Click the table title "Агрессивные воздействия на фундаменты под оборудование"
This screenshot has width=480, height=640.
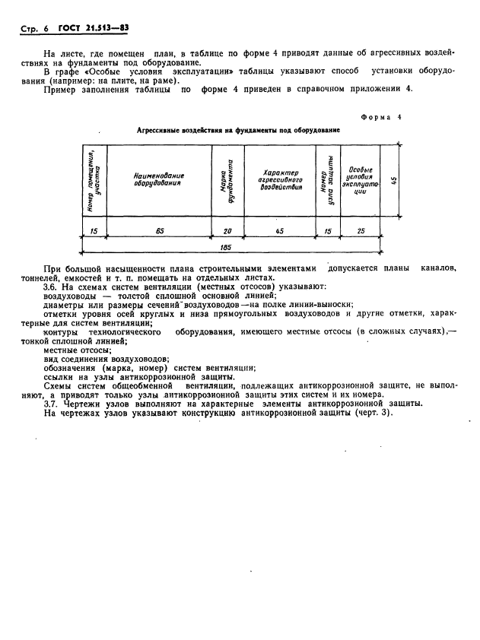click(x=238, y=130)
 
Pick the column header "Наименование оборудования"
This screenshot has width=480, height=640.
click(x=159, y=179)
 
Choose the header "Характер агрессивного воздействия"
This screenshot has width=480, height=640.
click(x=280, y=179)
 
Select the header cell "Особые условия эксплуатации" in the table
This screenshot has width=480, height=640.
click(x=360, y=180)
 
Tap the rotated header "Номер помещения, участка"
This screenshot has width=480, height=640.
click(x=94, y=180)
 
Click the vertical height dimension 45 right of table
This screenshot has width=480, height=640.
click(x=392, y=180)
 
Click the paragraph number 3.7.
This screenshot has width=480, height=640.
click(x=52, y=404)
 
